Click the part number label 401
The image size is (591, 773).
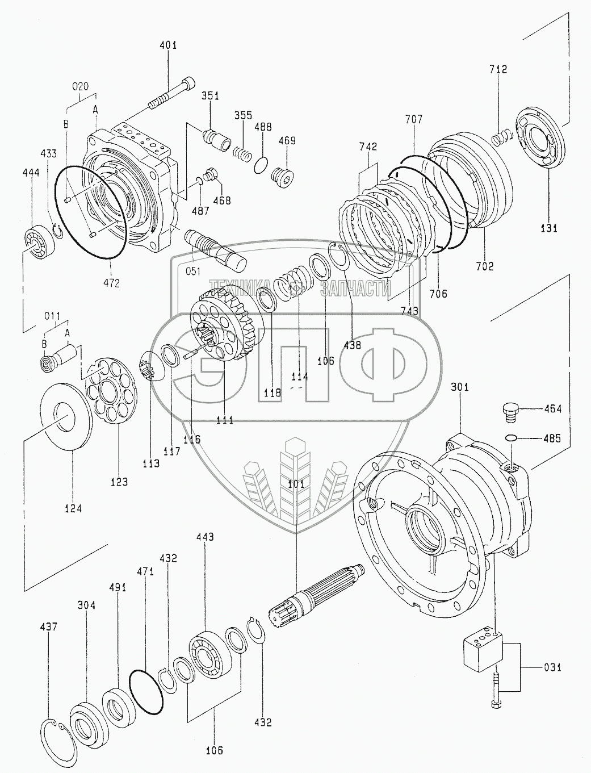[168, 45]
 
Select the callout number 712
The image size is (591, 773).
[498, 69]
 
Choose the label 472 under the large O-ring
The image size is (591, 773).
[111, 282]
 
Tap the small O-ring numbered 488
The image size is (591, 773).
[261, 165]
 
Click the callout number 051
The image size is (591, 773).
[193, 271]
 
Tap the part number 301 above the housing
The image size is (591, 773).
[460, 387]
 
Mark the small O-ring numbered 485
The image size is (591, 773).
[511, 438]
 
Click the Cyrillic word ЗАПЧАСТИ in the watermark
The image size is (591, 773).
[355, 289]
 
